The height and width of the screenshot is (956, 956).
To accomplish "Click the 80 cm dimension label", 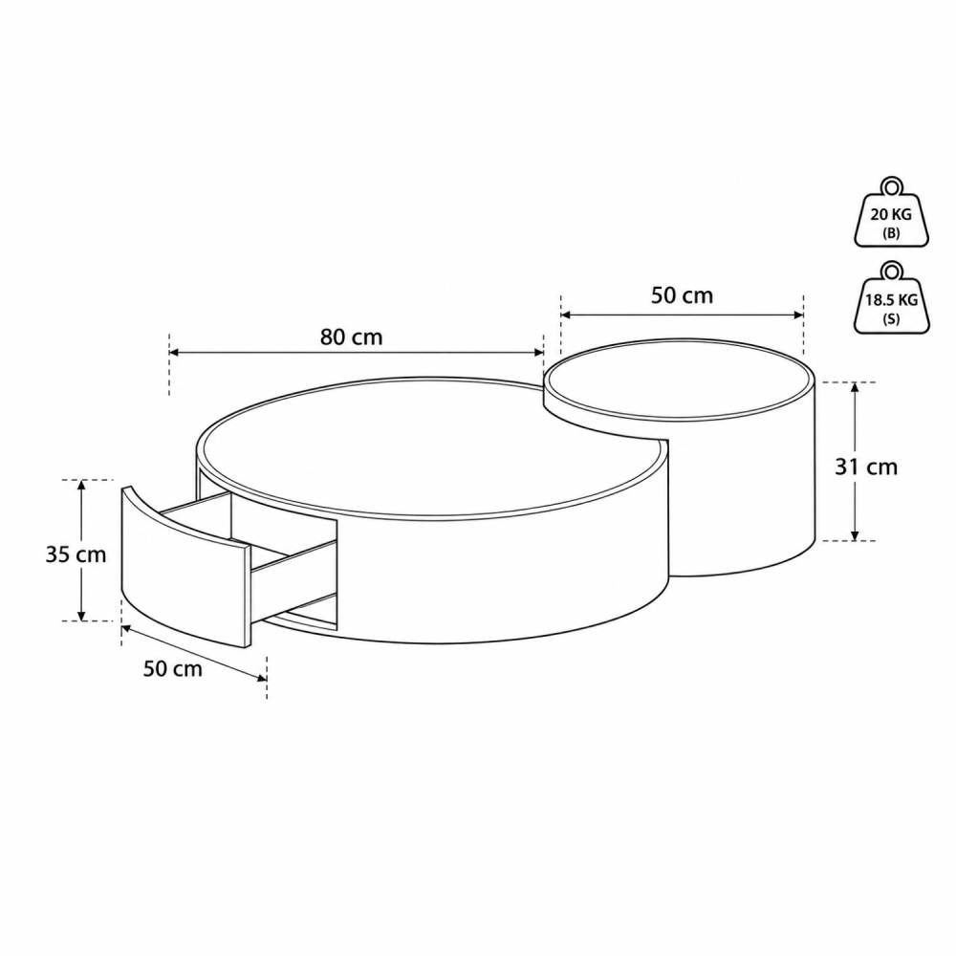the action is [x=351, y=337].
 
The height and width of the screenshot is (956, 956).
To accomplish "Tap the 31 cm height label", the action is [x=866, y=467].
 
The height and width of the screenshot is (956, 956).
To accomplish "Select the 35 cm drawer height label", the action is [x=76, y=554].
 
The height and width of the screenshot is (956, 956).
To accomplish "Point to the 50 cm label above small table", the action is [x=682, y=295].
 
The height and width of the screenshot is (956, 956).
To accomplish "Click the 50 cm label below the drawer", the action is [x=172, y=668].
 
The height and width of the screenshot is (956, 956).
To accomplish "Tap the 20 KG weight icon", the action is [x=891, y=212].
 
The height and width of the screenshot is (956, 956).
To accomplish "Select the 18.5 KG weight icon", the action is [x=891, y=298].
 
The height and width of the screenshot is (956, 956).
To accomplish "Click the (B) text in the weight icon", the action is [x=891, y=233].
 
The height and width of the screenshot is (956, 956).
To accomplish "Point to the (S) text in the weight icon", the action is [x=891, y=319].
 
